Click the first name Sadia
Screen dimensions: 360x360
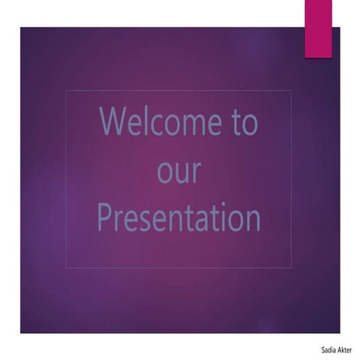point(324,349)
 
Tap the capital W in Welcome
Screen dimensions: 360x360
point(113,122)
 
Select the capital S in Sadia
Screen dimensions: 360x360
point(319,349)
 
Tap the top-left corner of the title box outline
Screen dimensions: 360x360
point(66,91)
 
